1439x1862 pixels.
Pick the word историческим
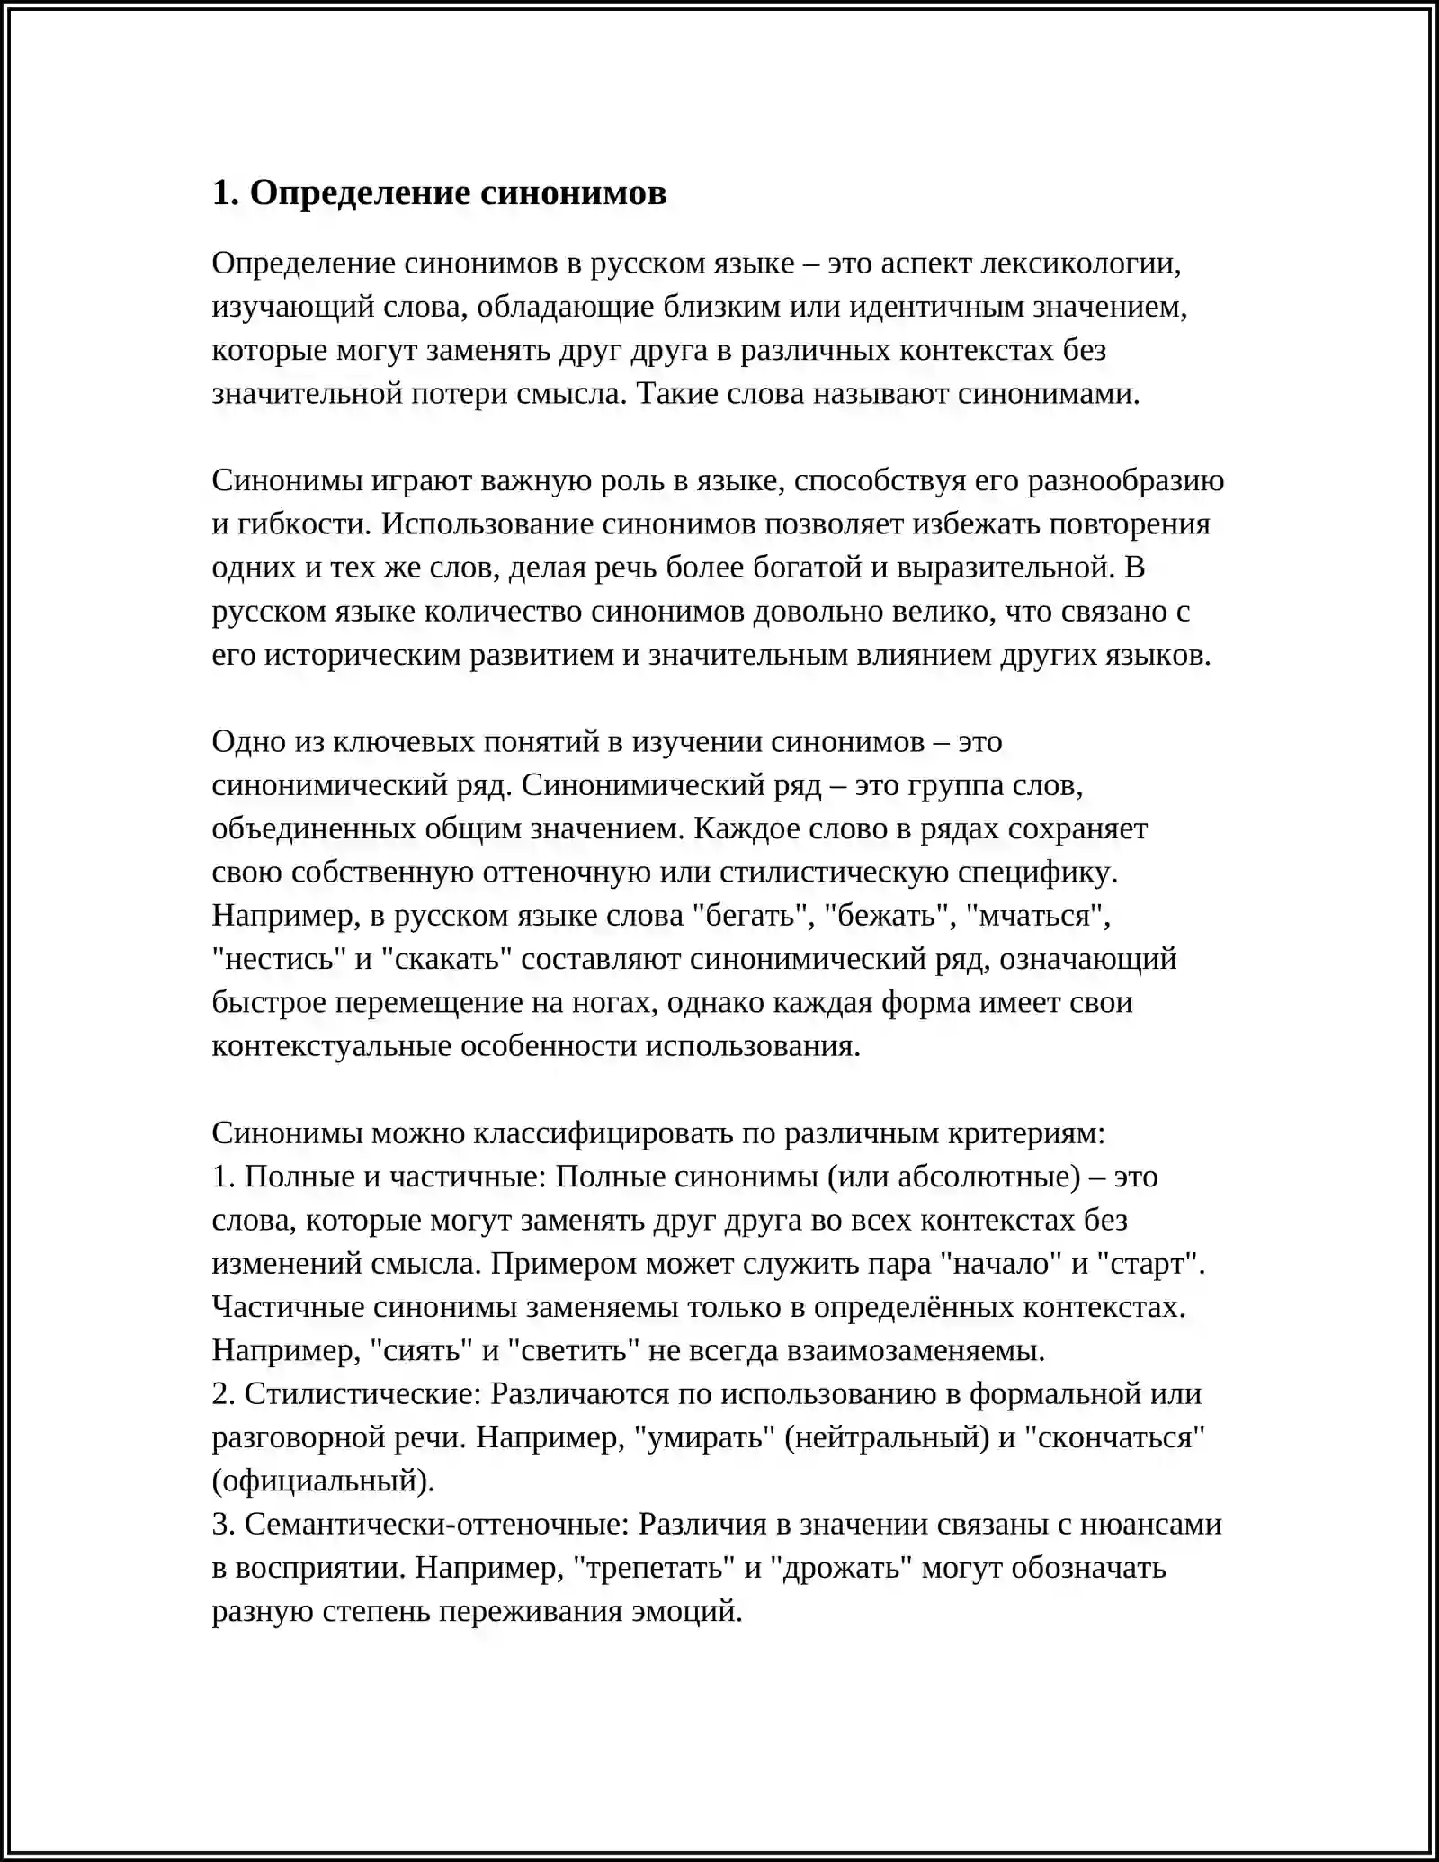point(361,655)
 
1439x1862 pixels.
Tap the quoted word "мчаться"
point(1037,916)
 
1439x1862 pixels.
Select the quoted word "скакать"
point(446,959)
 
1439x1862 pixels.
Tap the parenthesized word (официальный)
point(323,1481)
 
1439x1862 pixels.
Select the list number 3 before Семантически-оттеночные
point(221,1525)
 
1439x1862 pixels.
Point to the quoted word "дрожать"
point(842,1568)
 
